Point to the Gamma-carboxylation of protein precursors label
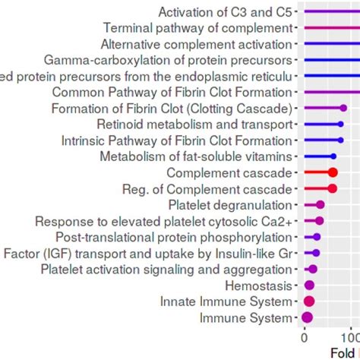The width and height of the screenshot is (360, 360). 168,60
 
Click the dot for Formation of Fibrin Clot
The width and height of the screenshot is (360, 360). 343,108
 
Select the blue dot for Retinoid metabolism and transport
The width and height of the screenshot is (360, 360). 340,124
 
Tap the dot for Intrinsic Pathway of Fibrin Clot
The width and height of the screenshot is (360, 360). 339,140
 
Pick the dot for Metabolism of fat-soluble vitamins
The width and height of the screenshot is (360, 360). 333,156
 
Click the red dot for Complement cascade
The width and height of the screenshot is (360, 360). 332,172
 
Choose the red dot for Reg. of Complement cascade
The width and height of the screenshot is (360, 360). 332,188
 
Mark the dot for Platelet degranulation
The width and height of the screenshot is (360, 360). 320,204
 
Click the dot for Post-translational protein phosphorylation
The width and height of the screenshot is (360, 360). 317,237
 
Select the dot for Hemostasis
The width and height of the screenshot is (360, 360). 309,286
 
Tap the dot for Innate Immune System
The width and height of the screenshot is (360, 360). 308,302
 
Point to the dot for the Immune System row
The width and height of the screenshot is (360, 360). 307,318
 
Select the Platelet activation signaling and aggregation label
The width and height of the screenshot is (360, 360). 166,270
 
